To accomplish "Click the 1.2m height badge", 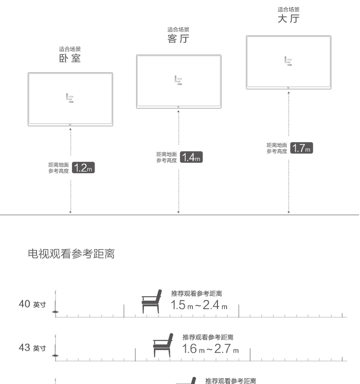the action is [x=83, y=168].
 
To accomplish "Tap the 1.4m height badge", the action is [x=191, y=157].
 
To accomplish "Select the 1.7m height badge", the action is [x=301, y=148].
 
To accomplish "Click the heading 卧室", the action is [x=70, y=58].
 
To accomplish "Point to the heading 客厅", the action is [x=178, y=39].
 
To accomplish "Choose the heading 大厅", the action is [x=288, y=19].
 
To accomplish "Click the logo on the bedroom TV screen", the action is [x=70, y=98].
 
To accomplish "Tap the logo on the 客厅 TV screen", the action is [x=178, y=80].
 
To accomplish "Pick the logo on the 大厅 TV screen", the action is [x=288, y=61].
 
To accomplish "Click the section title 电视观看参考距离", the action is [x=71, y=254].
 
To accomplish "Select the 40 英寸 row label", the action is [x=32, y=304].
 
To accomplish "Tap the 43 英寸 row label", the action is [x=32, y=348].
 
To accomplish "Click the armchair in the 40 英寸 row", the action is [x=152, y=301].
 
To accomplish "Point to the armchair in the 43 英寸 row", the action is [x=163, y=345].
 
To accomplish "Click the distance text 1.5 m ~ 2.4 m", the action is [x=199, y=305].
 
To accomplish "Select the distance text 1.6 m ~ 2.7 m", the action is [x=210, y=349].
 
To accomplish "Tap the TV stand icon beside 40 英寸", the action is [x=55, y=302].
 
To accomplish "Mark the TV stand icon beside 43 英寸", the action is [x=55, y=346].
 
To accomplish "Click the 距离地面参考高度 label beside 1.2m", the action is [x=59, y=168].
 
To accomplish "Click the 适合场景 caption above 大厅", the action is [x=288, y=10].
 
